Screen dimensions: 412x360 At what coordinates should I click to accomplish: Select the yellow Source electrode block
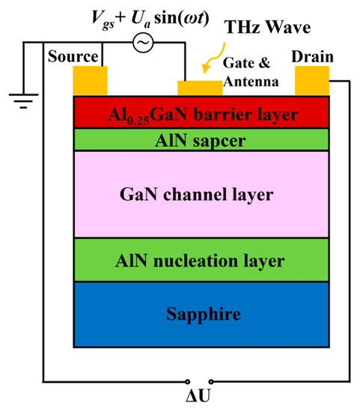tap(90, 81)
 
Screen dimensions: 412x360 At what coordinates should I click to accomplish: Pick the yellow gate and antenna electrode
tap(200, 88)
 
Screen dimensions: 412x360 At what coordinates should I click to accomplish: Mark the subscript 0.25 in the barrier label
tap(152, 119)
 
